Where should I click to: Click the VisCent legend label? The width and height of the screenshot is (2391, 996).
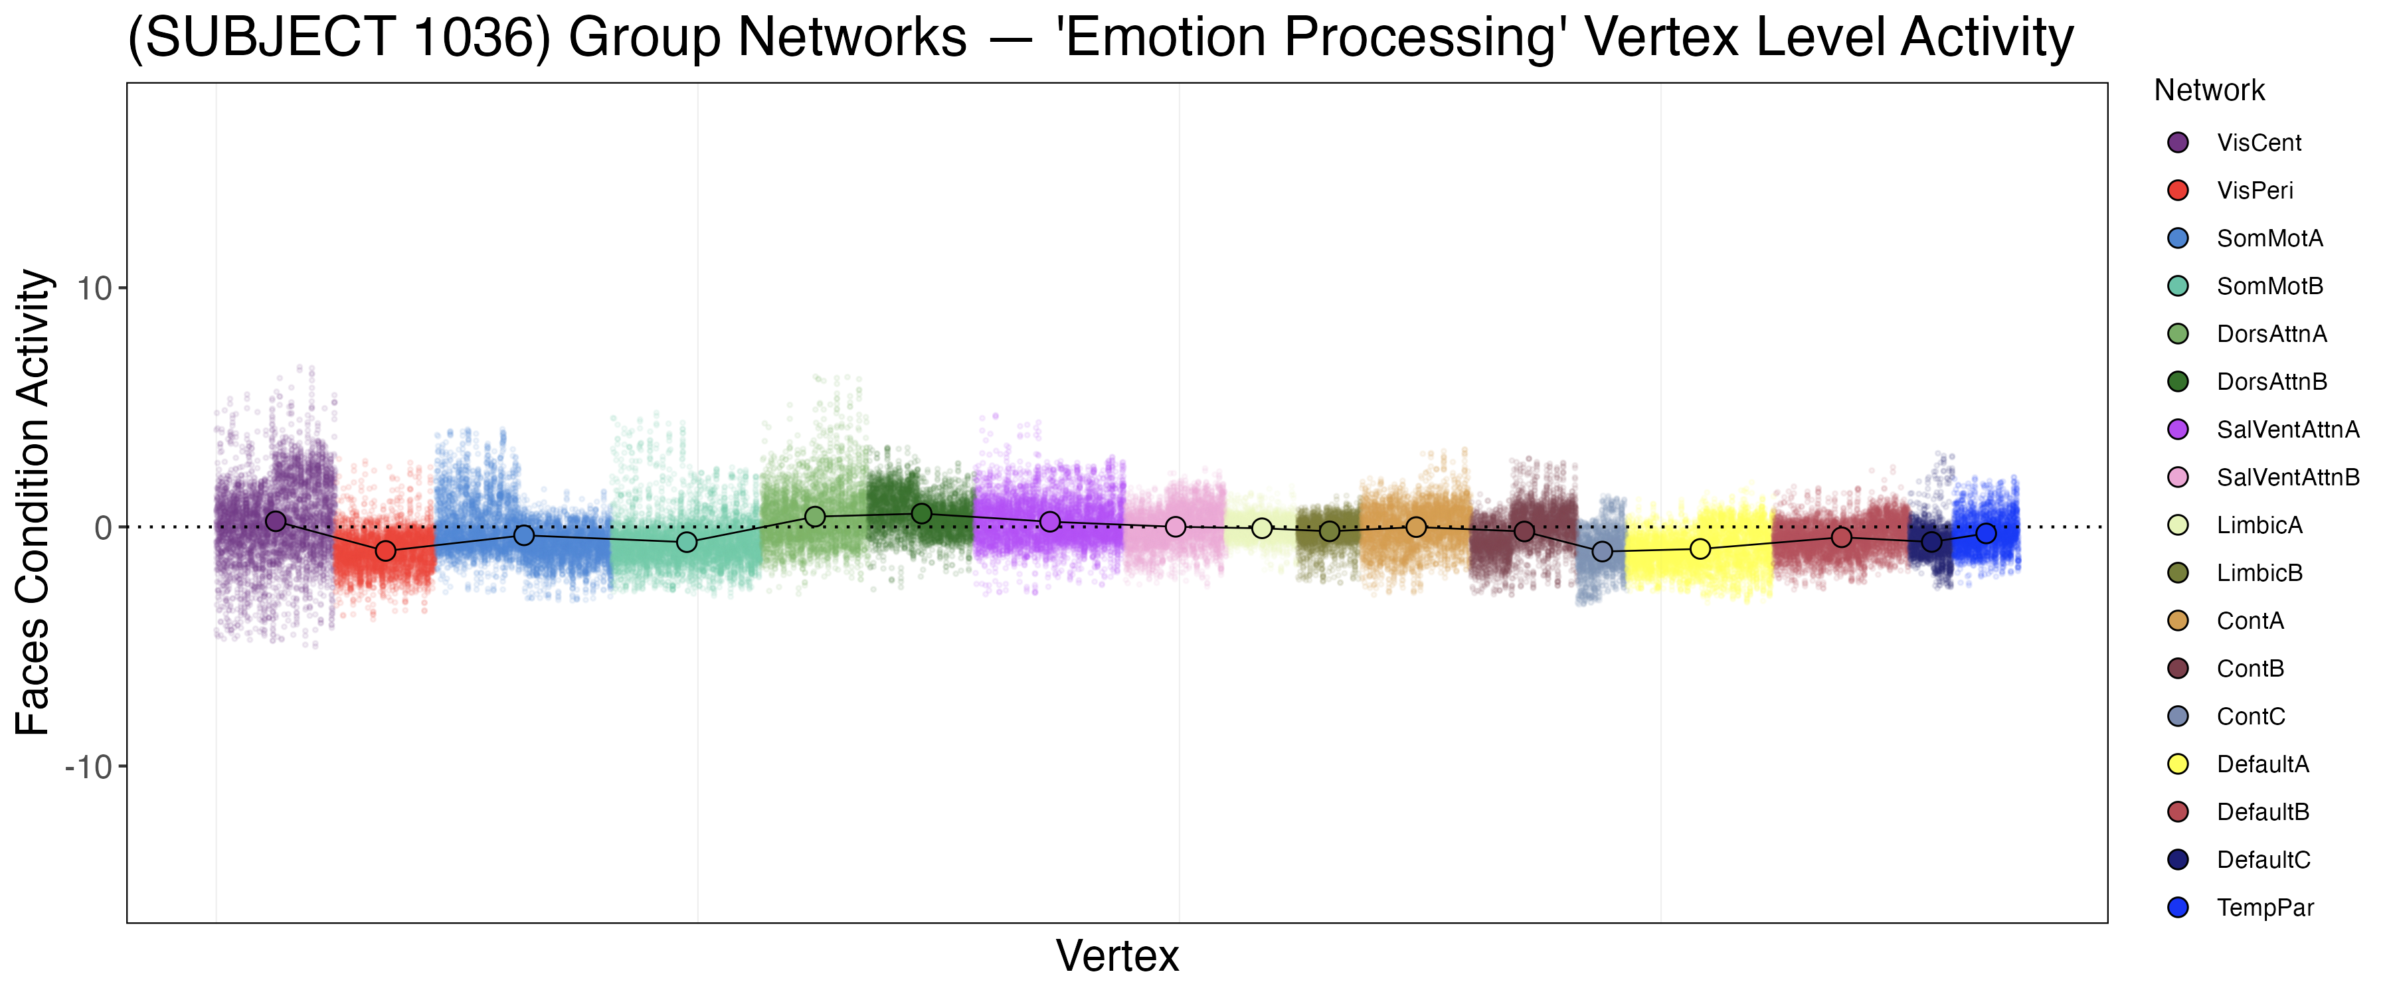tap(2258, 143)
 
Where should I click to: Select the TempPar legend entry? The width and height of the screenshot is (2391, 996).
tap(2265, 908)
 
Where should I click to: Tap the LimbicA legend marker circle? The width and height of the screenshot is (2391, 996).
tap(2178, 525)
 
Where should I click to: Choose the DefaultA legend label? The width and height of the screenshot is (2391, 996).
tap(2263, 765)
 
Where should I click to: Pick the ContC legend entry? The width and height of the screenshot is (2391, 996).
tap(2251, 716)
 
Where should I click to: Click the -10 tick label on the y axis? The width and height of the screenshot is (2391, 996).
tap(88, 767)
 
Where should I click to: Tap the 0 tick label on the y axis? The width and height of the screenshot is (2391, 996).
tap(103, 528)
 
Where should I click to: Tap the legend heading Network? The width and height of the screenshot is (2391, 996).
tap(2209, 90)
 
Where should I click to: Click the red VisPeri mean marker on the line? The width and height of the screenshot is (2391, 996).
tap(385, 551)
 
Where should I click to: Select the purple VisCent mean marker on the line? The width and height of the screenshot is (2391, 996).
tap(276, 522)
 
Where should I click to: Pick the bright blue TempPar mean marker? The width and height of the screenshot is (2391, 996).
tap(1987, 534)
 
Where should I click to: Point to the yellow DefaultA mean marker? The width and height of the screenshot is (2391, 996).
tap(1700, 550)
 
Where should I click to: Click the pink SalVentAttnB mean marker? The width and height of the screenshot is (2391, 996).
tap(1175, 527)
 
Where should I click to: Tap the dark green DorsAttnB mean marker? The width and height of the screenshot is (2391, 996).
tap(922, 513)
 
